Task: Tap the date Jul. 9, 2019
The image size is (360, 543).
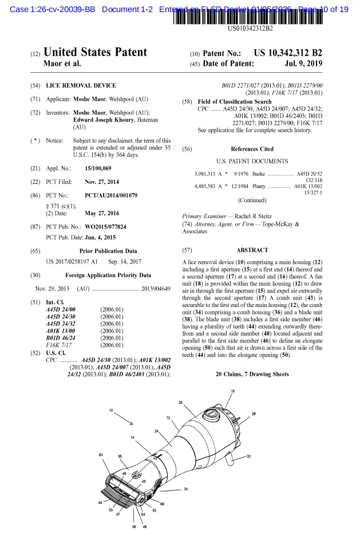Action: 303,63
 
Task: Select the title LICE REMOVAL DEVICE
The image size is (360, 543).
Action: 81,85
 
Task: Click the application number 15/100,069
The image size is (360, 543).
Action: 98,168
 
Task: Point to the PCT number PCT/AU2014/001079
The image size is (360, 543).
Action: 111,195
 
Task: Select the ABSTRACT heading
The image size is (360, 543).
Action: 252,250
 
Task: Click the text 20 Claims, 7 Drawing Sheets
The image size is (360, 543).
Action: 252,374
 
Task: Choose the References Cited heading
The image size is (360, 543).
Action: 252,149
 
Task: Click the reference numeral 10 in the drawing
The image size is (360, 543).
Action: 111,411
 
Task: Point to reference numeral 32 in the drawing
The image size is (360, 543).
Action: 248,457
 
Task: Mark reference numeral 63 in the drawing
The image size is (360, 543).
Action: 101,455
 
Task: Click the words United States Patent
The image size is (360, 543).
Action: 95,53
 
